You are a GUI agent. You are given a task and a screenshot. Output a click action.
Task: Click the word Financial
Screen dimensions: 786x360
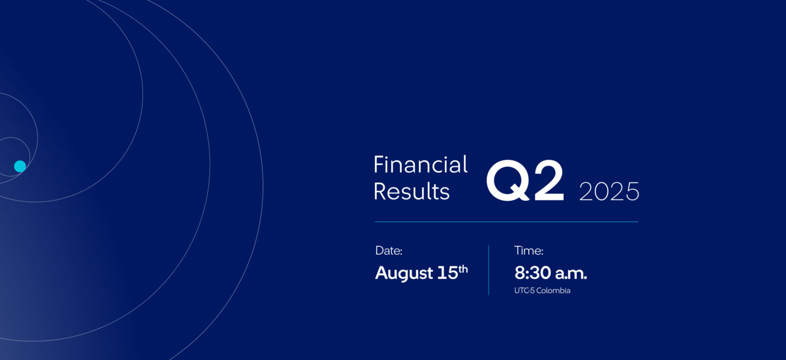coord(420,164)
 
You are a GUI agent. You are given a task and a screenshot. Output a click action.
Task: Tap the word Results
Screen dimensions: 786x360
coord(412,191)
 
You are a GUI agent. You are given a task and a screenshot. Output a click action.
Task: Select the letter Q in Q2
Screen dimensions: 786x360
coord(508,181)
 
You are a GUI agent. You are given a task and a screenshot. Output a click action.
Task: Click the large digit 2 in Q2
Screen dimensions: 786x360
coord(549,180)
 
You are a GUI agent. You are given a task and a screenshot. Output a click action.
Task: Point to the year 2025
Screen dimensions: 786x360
coord(609,191)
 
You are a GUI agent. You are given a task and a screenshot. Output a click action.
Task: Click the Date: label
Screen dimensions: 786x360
coord(389,250)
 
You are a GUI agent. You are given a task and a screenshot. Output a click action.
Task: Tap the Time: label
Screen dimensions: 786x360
coord(529,250)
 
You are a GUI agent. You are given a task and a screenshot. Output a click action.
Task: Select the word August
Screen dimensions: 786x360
coord(404,274)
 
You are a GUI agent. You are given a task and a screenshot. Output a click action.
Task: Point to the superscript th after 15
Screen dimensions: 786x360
coord(463,269)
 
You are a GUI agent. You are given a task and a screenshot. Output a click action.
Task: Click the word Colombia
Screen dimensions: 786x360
coord(553,290)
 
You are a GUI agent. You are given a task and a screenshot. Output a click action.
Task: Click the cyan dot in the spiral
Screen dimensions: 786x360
coord(20,166)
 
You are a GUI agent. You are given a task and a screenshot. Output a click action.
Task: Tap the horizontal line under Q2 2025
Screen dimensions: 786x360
coord(506,222)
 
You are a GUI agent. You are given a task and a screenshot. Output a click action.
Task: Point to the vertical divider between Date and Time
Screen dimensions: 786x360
coord(488,270)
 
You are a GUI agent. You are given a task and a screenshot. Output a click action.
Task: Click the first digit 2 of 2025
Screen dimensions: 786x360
coord(586,191)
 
